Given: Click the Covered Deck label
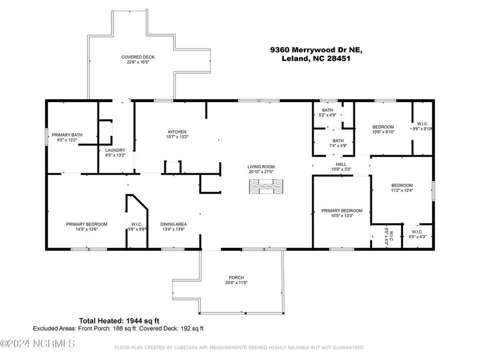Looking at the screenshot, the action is pyautogui.click(x=138, y=57).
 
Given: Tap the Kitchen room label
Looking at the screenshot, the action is pyautogui.click(x=177, y=132).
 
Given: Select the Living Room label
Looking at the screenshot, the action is pyautogui.click(x=261, y=167).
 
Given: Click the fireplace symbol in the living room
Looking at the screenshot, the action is pyautogui.click(x=266, y=186).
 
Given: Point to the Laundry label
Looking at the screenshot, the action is pyautogui.click(x=115, y=150).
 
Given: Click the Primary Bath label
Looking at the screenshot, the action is pyautogui.click(x=67, y=135).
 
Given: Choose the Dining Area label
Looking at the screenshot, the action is pyautogui.click(x=174, y=224).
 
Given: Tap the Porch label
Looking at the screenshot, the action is pyautogui.click(x=236, y=277).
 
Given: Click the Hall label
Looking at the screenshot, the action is pyautogui.click(x=341, y=164).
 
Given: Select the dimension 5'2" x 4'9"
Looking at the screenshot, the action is pyautogui.click(x=327, y=115).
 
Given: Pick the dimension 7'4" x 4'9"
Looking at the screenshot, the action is pyautogui.click(x=338, y=146).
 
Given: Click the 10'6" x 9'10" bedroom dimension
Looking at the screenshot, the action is pyautogui.click(x=383, y=132).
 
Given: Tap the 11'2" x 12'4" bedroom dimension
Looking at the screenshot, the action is pyautogui.click(x=402, y=190).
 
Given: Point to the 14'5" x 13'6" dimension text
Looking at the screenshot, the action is pyautogui.click(x=86, y=229).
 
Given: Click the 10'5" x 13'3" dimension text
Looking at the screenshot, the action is pyautogui.click(x=342, y=216).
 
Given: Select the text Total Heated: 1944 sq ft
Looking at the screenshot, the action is pyautogui.click(x=119, y=321).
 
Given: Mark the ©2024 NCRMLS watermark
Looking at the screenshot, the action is pyautogui.click(x=37, y=344).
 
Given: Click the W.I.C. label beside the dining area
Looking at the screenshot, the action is pyautogui.click(x=137, y=224).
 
